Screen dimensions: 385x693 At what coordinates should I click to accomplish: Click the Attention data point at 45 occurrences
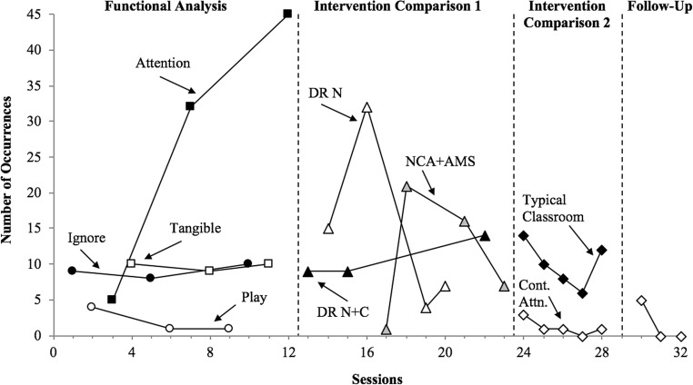pos(287,15)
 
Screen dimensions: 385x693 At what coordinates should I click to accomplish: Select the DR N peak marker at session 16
pos(367,107)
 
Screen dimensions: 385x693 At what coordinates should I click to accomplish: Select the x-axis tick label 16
pos(367,351)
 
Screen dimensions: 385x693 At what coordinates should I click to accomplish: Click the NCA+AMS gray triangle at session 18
pos(407,186)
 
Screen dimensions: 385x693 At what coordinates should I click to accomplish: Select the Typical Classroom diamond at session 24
pos(523,236)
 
